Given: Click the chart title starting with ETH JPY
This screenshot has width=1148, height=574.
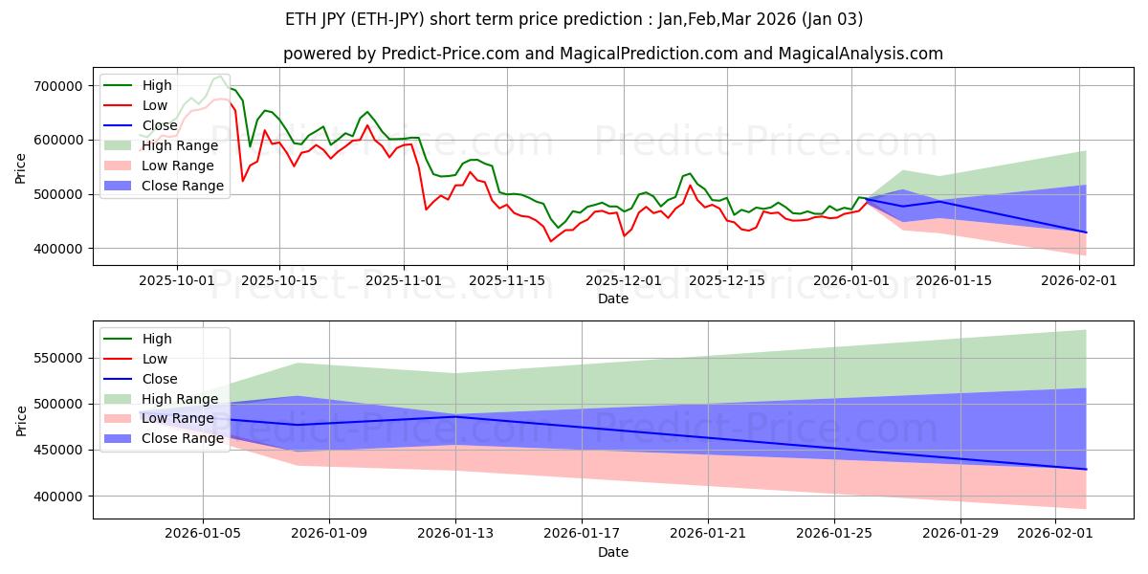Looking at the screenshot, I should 574,19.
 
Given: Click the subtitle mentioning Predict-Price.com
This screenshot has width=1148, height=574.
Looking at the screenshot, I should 612,54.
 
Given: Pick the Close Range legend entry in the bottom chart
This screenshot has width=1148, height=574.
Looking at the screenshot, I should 183,438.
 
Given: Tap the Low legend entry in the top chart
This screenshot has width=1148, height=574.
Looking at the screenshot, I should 156,105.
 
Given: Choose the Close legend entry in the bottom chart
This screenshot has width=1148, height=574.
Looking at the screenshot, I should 158,379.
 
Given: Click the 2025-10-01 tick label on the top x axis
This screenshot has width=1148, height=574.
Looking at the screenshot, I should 176,280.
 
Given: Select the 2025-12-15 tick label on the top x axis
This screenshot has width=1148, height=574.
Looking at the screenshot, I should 727,280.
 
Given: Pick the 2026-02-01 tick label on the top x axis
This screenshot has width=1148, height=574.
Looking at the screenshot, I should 1080,280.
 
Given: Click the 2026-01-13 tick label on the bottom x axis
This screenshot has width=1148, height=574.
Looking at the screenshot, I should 455,534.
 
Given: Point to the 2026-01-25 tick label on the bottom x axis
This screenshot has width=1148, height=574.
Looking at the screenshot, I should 835,534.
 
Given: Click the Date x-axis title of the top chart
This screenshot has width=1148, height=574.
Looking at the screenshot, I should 613,298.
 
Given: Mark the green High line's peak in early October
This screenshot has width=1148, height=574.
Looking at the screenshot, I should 221,76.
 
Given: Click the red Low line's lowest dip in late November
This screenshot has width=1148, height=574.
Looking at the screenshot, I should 551,241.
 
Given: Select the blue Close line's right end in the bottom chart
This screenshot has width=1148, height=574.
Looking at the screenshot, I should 1086,469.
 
